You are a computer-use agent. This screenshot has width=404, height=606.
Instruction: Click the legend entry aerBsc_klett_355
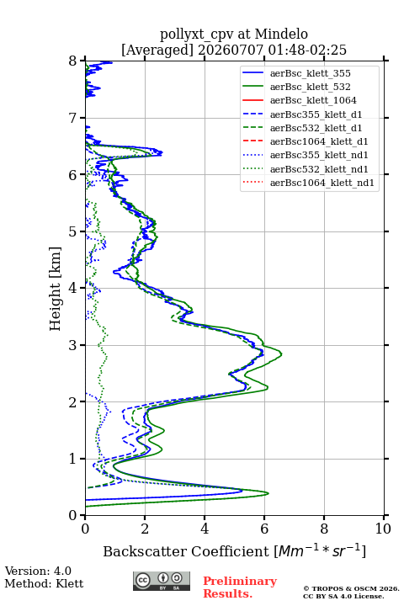[x=310, y=73]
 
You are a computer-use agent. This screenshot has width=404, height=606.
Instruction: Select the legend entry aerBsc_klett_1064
[x=313, y=100]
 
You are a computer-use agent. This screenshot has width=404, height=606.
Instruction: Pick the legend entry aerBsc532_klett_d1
[x=316, y=128]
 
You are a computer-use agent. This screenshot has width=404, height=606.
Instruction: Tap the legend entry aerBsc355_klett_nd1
[x=319, y=155]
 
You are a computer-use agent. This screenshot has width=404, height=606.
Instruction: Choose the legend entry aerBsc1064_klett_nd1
[x=322, y=183]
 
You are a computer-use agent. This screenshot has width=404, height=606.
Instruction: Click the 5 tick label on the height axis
[x=73, y=231]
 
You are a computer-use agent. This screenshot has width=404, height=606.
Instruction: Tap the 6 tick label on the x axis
[x=264, y=529]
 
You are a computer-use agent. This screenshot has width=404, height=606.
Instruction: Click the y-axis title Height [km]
[x=55, y=289]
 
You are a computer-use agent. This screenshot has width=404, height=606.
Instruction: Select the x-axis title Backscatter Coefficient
[x=185, y=551]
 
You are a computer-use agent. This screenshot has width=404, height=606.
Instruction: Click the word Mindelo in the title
[x=281, y=34]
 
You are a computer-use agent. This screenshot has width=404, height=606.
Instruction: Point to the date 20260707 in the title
[x=231, y=50]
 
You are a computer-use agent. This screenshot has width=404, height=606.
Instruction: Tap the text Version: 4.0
[x=38, y=571]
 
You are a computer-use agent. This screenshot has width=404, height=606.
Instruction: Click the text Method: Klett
[x=44, y=583]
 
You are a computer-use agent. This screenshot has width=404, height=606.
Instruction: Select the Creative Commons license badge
[x=162, y=581]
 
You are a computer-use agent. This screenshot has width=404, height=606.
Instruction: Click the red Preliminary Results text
[x=240, y=587]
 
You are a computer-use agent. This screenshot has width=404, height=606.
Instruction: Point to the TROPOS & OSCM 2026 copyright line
[x=351, y=588]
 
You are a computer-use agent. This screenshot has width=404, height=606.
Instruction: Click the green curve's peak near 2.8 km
[x=281, y=354]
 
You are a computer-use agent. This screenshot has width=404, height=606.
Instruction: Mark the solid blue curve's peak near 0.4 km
[x=242, y=491]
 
